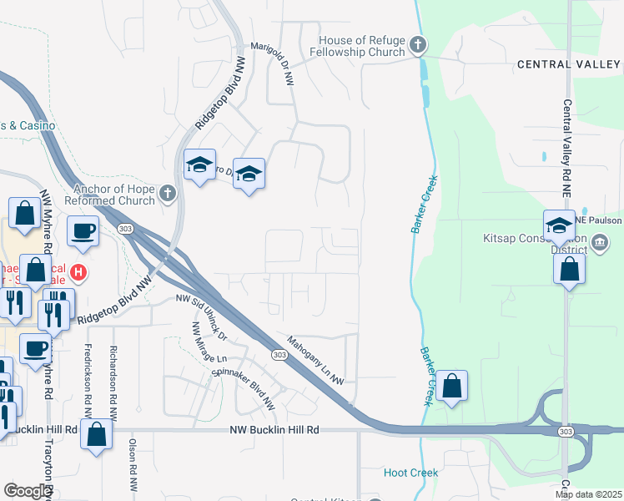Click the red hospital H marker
coord(78,271)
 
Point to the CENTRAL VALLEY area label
coord(568,64)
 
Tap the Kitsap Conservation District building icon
coord(600,243)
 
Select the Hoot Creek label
coord(410,473)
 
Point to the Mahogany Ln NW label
coord(316,360)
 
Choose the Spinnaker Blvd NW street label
coord(243,389)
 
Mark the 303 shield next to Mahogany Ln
coord(276,355)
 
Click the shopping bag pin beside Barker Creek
coord(451,386)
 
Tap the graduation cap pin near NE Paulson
coord(559,225)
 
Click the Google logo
coord(28,491)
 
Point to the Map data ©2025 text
coord(588,494)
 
